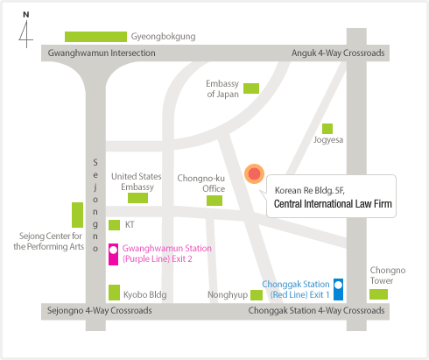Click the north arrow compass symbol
[26, 31]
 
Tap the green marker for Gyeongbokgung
[95, 37]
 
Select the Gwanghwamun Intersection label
[102, 53]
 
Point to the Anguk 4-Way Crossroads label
[338, 53]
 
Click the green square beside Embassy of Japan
[251, 88]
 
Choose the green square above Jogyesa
[327, 129]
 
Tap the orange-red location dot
[255, 173]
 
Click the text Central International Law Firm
[333, 204]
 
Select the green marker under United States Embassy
[137, 198]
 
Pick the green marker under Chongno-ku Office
[214, 201]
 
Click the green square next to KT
[114, 225]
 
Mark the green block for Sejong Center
[77, 215]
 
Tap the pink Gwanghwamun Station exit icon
[113, 254]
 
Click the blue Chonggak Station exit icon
[338, 289]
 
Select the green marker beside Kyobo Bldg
[114, 293]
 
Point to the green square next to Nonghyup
[257, 295]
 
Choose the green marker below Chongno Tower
[378, 294]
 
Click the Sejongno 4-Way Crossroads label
[100, 310]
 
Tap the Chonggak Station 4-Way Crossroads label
[316, 310]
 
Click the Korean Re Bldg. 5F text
[310, 191]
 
